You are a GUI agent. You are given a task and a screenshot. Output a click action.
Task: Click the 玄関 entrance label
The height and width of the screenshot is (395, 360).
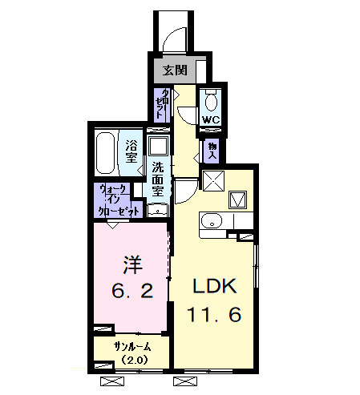[175, 71]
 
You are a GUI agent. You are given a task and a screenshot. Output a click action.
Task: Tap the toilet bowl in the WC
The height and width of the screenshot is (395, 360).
[211, 103]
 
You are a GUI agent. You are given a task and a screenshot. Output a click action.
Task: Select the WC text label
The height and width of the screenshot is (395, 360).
[210, 121]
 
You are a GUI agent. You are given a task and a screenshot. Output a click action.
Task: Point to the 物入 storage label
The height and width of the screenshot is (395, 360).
[212, 151]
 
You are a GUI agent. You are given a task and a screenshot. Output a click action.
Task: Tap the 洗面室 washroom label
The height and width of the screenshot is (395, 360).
[158, 180]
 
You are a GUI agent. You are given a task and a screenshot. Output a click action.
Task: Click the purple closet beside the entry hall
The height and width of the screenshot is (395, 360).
[162, 105]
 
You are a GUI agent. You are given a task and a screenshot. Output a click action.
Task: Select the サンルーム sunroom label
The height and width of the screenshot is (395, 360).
[131, 347]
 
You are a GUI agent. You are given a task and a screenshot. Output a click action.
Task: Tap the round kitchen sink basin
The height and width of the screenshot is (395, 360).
[210, 221]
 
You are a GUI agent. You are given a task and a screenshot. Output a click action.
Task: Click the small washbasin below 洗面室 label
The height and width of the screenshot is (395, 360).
[158, 210]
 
